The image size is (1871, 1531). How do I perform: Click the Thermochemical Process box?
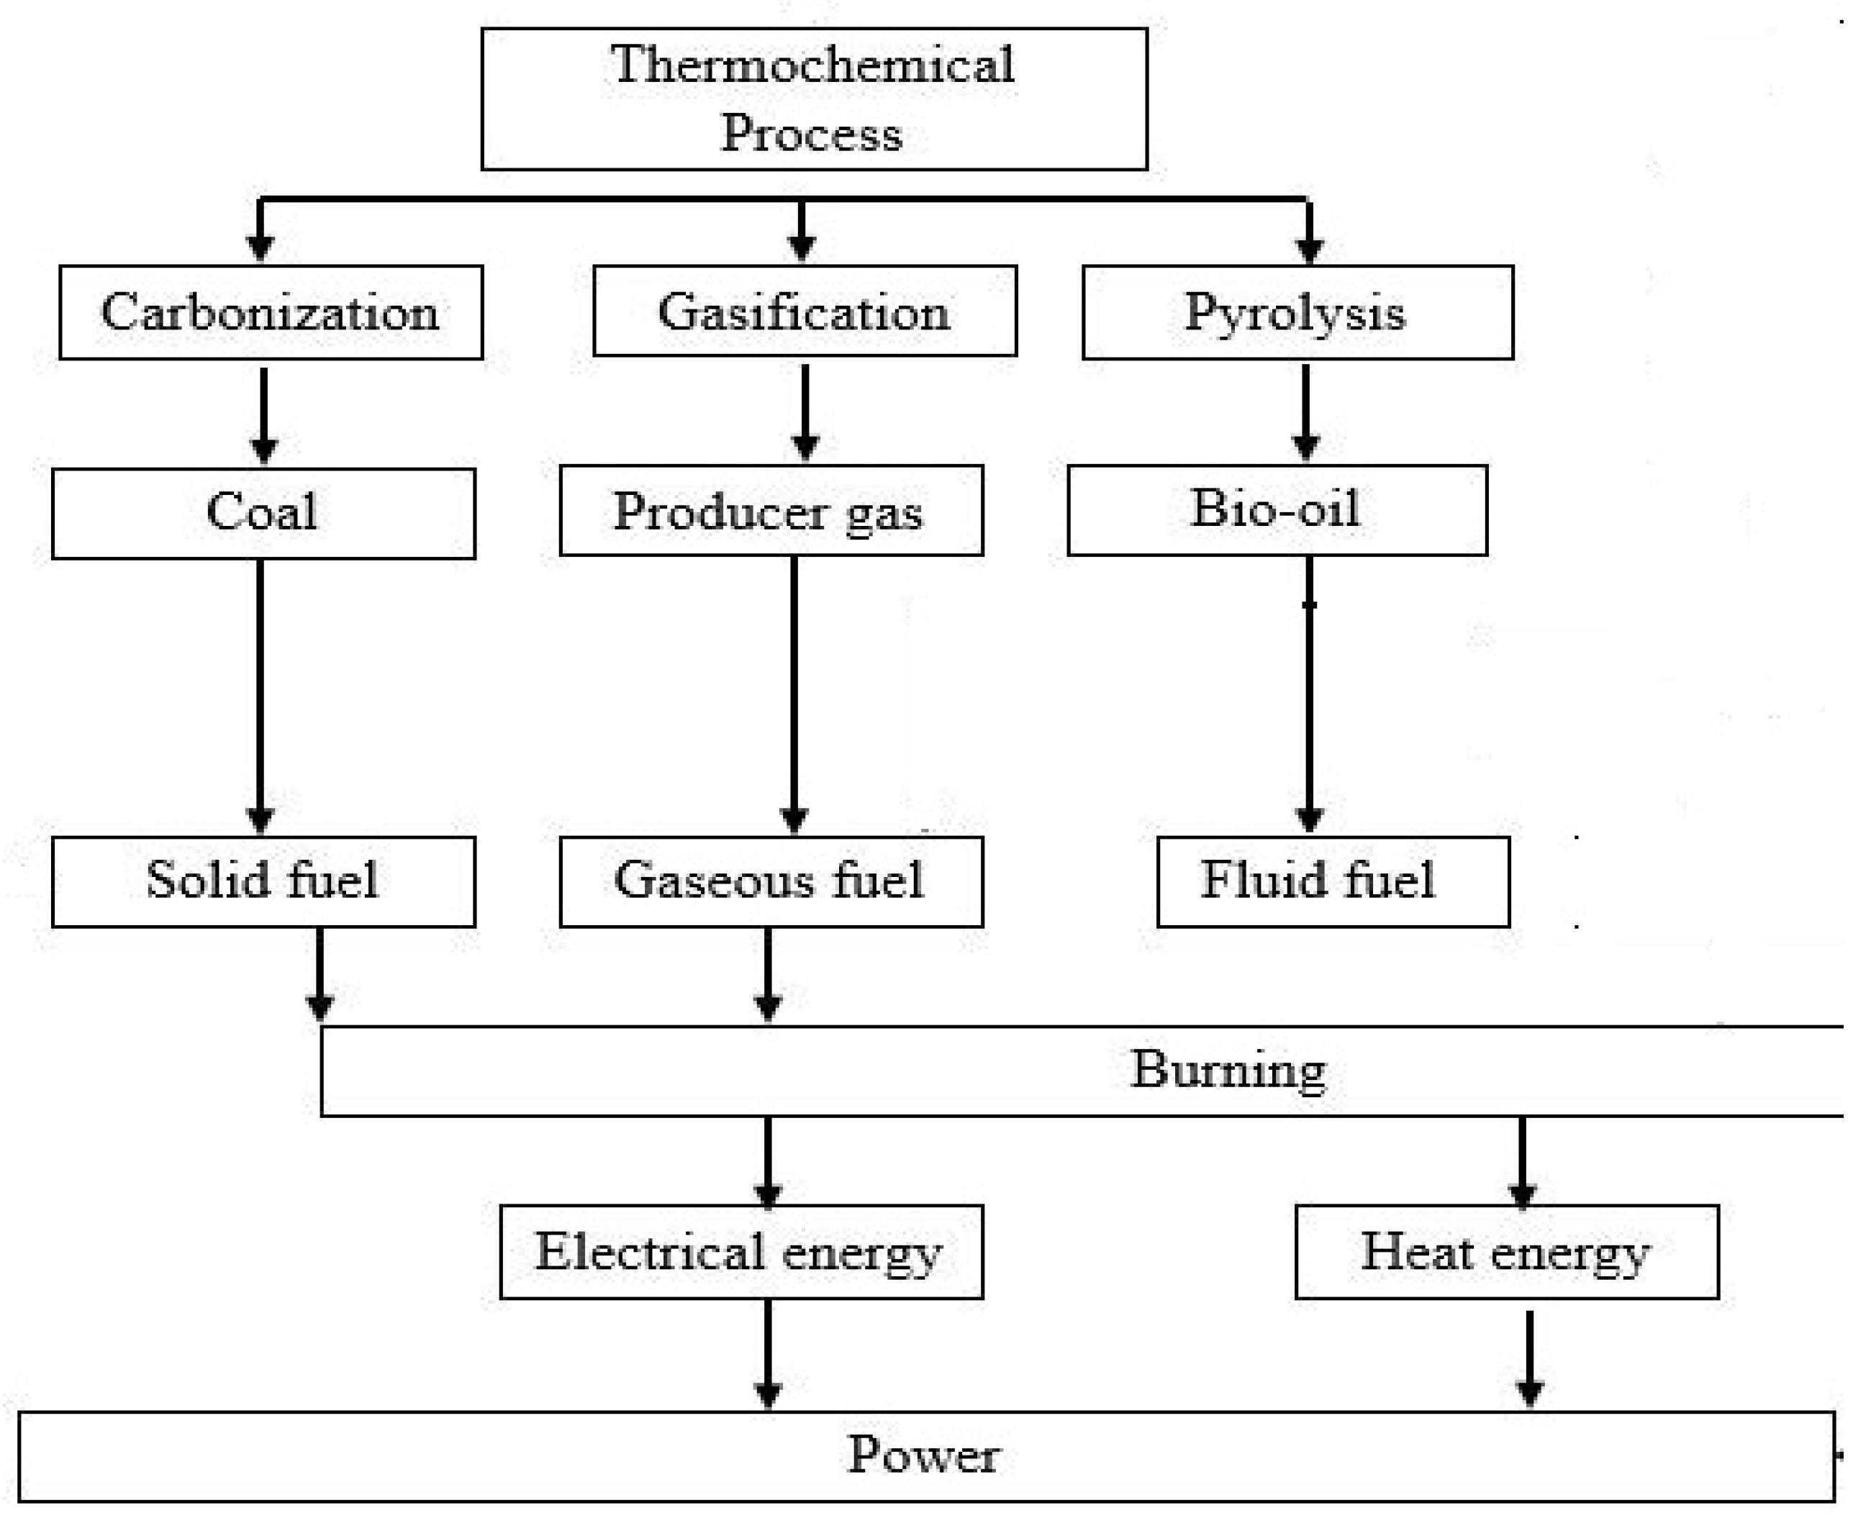point(813,99)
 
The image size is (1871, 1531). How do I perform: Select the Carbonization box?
point(271,312)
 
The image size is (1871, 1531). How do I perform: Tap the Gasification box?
point(805,312)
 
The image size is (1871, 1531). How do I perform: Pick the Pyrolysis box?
point(1297,312)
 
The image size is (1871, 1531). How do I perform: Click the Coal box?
point(263,512)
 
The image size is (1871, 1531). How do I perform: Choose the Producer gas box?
point(770,511)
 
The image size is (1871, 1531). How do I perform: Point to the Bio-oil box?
point(1277,510)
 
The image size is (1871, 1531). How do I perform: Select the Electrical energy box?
point(740,1251)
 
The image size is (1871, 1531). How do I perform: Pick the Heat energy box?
point(1506,1251)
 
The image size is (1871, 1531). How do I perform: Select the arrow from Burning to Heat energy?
point(1523,1160)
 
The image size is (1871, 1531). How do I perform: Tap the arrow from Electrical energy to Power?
point(769,1354)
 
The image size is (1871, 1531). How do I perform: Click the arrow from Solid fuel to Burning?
point(320,975)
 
